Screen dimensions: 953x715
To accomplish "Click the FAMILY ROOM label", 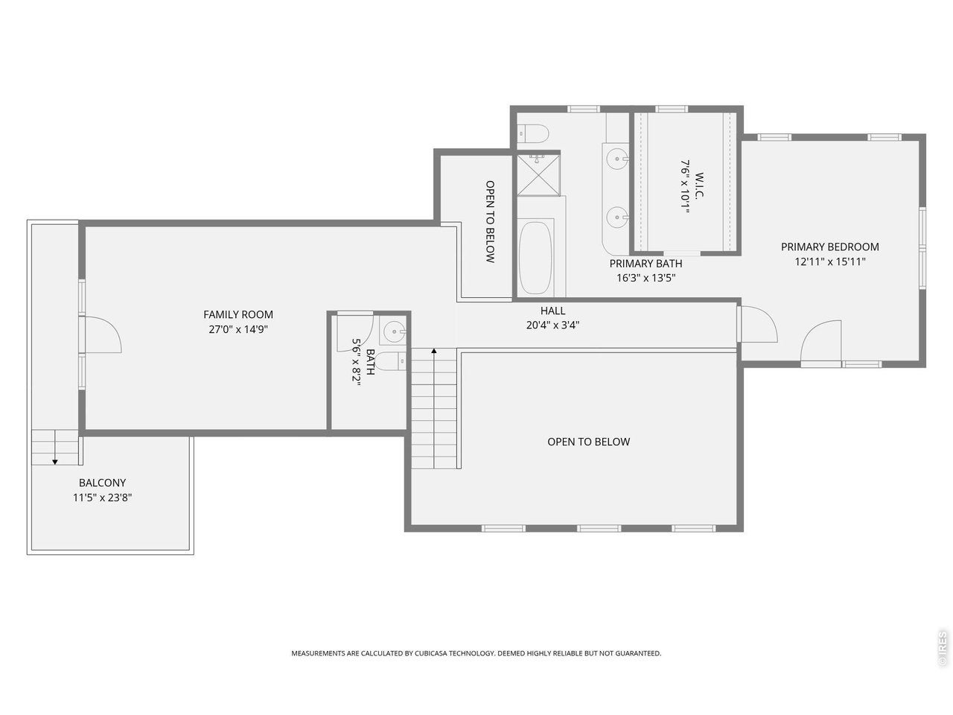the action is point(238,314).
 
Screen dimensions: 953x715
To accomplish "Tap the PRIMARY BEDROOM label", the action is point(829,247).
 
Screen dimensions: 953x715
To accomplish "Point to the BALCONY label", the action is point(102,483).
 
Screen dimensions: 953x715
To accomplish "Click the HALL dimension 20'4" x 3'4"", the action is point(552,325).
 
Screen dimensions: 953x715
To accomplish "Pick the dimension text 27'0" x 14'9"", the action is point(238,329).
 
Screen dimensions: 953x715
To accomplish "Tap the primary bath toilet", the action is point(535,133).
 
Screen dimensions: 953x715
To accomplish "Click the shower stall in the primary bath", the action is point(538,174).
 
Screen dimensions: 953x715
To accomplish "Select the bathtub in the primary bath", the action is point(536,258).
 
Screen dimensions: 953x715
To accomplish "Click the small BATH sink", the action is point(394,332).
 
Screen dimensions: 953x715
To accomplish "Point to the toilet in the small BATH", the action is point(391,361).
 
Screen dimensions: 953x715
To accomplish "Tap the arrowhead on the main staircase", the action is point(434,351).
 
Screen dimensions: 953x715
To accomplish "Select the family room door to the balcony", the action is point(103,334).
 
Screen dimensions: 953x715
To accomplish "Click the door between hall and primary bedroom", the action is point(758,323).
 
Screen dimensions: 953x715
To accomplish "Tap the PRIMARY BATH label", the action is point(646,264).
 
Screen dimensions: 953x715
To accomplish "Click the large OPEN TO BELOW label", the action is point(588,442).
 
